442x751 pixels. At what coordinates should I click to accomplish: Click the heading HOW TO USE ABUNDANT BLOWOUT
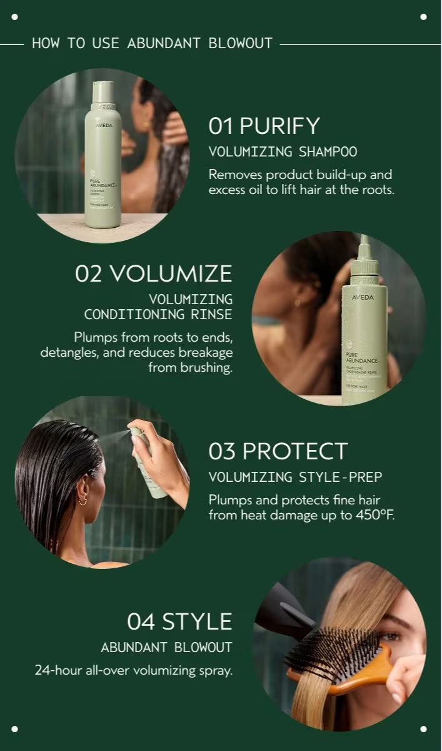tap(152, 43)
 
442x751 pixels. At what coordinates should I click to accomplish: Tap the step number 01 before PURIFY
tap(221, 126)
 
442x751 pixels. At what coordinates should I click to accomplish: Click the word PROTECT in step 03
tap(294, 451)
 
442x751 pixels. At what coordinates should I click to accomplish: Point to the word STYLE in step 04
tap(197, 621)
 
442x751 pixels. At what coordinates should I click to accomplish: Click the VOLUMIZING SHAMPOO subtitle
tap(283, 151)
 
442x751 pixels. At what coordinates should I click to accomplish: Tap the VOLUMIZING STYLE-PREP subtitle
tap(295, 478)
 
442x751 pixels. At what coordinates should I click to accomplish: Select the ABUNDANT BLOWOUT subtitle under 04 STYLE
tap(166, 647)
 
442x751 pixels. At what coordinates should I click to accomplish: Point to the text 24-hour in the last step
tap(57, 670)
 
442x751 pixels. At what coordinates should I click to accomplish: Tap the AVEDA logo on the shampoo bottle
tap(104, 125)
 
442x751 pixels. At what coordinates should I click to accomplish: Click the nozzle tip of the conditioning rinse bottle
tap(364, 241)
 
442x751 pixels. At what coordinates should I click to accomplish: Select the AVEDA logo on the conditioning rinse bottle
tap(363, 297)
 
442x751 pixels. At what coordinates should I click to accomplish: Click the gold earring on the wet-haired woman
tap(83, 499)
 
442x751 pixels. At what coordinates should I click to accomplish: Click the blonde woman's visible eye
tap(389, 636)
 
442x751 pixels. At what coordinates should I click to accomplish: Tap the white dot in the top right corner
tap(423, 17)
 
